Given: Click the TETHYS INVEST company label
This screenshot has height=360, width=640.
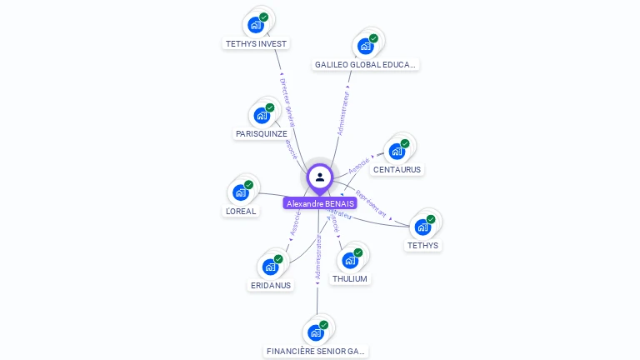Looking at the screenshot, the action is tap(256, 43).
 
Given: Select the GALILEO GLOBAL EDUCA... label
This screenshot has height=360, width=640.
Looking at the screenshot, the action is tap(366, 64).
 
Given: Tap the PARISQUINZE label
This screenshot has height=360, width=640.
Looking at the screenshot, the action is tap(262, 133).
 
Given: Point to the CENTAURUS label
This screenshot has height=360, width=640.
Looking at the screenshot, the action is tap(397, 169).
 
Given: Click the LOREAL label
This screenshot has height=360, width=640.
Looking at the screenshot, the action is tap(241, 211).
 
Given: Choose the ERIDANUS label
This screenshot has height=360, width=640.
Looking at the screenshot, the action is tap(271, 285).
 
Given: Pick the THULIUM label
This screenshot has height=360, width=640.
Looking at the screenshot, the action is tap(350, 278).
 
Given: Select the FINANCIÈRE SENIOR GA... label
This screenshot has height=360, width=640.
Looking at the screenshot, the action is tap(316, 352).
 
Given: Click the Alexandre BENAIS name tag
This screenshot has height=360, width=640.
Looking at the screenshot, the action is tap(320, 203).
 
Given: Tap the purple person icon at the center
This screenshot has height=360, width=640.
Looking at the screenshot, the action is tap(320, 177).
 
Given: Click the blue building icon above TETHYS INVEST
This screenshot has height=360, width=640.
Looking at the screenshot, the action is tap(256, 25).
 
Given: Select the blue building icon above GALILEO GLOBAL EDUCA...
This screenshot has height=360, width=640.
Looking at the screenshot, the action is tap(365, 46).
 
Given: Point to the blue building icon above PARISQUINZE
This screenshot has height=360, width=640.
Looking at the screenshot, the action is tap(262, 115).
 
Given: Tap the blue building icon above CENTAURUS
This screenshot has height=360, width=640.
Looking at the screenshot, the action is tap(397, 151).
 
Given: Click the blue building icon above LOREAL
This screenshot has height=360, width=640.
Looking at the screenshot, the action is tap(241, 192).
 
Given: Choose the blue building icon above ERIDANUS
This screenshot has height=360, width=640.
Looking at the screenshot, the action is tap(270, 267).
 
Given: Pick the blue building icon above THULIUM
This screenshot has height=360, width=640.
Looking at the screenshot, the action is tap(350, 260).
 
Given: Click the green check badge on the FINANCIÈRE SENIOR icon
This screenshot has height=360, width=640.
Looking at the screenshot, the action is tap(323, 325).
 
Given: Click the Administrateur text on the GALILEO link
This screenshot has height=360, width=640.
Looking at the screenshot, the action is tap(343, 108).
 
